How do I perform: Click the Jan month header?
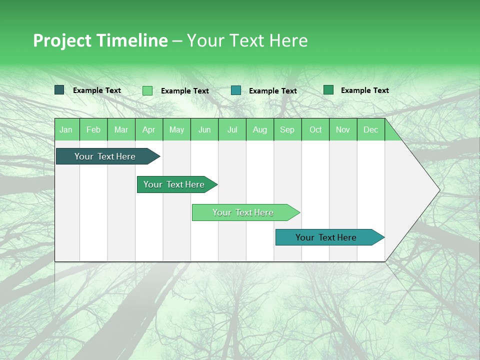(66, 129)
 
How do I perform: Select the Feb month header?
(93, 129)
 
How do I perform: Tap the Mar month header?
(121, 129)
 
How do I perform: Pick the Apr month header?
(149, 129)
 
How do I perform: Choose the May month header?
(176, 129)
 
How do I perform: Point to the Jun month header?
(204, 129)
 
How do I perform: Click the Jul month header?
(232, 129)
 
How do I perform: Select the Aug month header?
(260, 129)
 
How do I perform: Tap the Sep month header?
(287, 129)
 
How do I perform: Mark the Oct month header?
(315, 129)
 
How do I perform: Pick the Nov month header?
(343, 129)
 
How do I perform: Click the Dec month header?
(371, 129)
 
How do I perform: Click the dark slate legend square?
(59, 90)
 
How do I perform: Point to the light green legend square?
(147, 90)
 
